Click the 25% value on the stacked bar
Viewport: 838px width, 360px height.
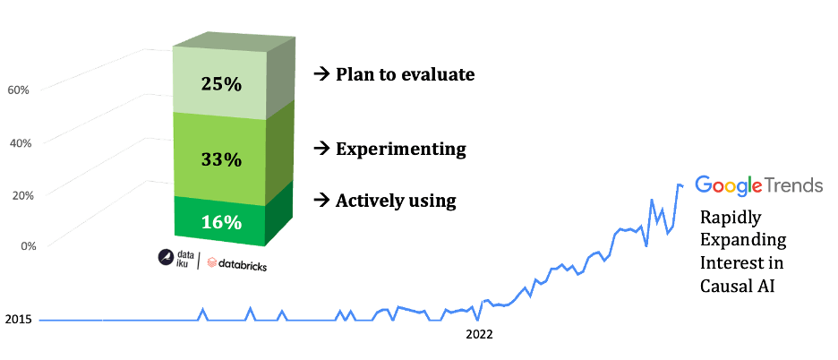click(x=222, y=84)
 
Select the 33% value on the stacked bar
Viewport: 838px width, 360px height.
click(x=222, y=159)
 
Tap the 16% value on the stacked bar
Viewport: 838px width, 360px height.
click(x=222, y=222)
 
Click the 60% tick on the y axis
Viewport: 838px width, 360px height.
click(x=18, y=90)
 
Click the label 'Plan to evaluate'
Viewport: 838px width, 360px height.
click(x=405, y=75)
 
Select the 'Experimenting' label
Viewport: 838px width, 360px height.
click(x=401, y=150)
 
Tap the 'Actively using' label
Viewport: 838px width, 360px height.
click(x=396, y=201)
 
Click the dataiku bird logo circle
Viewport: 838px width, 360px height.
click(x=165, y=258)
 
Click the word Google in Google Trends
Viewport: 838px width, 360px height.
click(x=729, y=185)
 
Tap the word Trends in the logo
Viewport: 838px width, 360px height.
click(x=793, y=185)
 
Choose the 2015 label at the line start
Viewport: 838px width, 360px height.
click(x=18, y=320)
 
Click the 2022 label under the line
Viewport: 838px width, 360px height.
click(x=479, y=336)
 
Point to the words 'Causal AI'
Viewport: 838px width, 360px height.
click(x=738, y=287)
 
